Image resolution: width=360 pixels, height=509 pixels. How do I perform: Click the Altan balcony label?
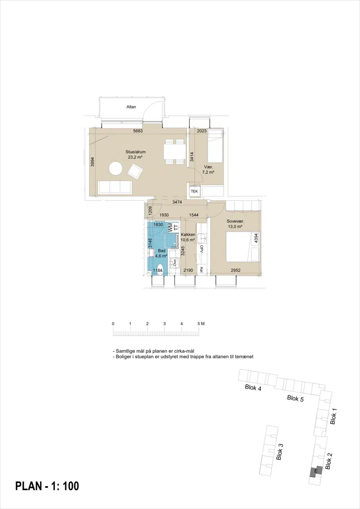(131, 107)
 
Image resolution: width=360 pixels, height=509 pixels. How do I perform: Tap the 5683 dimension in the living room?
(138, 131)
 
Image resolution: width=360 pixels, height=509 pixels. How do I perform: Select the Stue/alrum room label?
(136, 152)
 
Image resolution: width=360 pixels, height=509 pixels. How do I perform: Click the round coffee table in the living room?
(116, 169)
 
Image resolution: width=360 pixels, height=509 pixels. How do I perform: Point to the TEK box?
(194, 192)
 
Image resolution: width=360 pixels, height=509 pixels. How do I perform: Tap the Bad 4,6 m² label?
(162, 253)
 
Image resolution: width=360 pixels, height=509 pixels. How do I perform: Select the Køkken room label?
(188, 234)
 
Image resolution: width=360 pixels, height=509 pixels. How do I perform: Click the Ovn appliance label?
(175, 263)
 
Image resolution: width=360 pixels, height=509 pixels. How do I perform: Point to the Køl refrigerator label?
(202, 270)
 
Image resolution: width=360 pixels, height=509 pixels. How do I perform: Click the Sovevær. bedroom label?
(235, 221)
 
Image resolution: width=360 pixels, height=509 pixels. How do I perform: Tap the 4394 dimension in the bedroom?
(256, 239)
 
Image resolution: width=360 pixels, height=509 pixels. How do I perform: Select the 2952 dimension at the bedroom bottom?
(236, 270)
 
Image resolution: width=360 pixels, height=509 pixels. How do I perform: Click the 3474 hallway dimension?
(177, 202)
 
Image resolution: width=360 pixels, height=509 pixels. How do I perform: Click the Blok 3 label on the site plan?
(279, 452)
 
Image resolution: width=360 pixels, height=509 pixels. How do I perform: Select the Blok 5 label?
(295, 398)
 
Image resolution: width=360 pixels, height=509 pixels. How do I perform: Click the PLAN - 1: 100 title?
(47, 486)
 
